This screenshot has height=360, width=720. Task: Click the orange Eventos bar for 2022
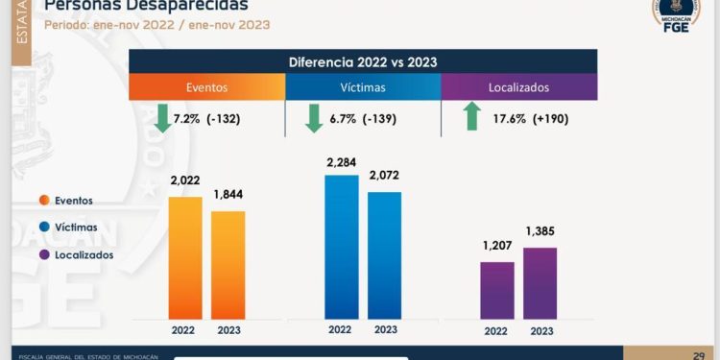[185, 257]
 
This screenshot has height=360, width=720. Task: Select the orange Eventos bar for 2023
[228, 265]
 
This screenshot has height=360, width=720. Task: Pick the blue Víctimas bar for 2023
[384, 254]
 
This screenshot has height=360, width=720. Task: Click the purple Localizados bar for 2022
[496, 290]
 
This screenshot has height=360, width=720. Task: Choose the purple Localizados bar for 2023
[540, 283]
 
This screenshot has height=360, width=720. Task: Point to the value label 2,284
[341, 163]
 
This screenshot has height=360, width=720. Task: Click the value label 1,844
[228, 195]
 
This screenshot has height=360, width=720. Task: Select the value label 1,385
[540, 231]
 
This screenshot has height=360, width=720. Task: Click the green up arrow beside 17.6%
[471, 118]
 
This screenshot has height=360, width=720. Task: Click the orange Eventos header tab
[207, 86]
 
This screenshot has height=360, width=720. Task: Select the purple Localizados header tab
[518, 86]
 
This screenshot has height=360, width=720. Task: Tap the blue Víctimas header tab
[363, 86]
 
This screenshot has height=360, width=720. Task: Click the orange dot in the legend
[44, 201]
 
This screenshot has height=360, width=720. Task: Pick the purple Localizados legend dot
[44, 254]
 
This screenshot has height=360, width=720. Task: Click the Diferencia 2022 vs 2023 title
[363, 61]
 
